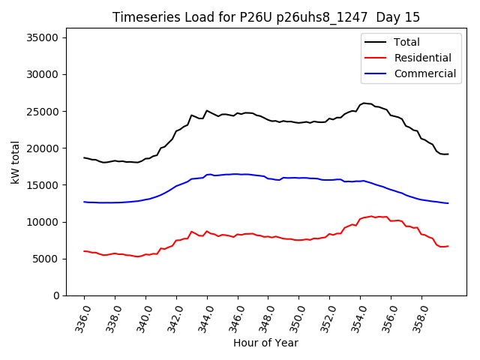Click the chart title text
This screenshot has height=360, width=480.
(x=266, y=17)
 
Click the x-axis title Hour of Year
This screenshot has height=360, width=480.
(x=265, y=343)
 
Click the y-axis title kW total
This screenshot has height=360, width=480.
(x=16, y=166)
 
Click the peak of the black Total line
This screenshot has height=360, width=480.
(x=364, y=103)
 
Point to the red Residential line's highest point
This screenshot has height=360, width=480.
(x=370, y=216)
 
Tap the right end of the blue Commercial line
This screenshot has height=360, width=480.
(x=448, y=203)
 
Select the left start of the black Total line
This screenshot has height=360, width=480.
(x=84, y=157)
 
